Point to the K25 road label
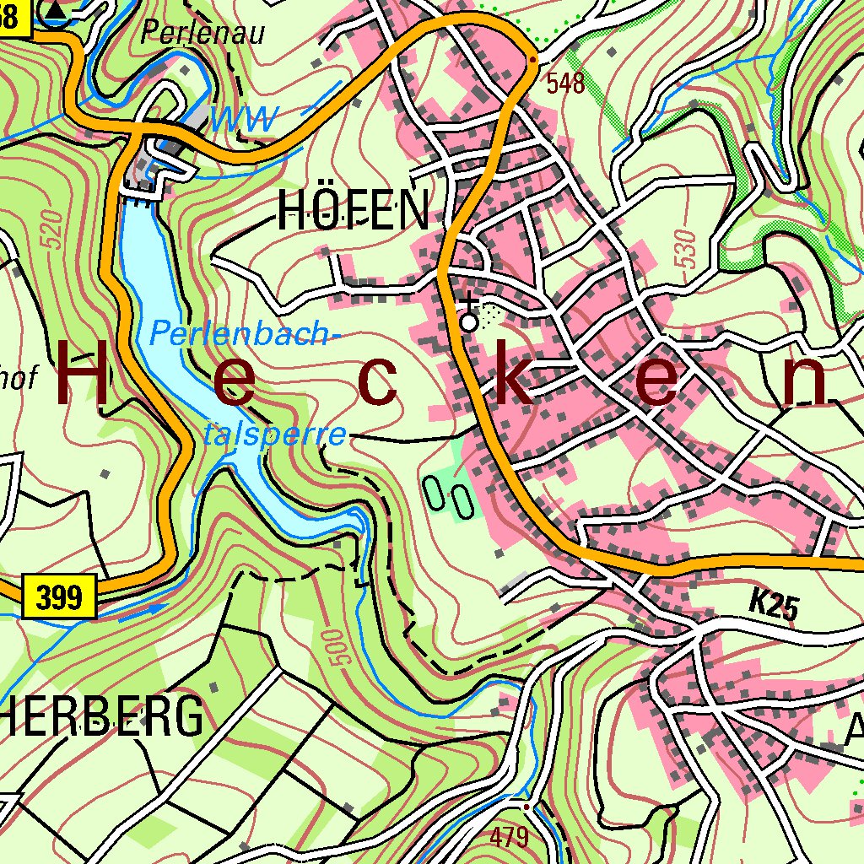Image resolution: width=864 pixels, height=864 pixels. [773, 606]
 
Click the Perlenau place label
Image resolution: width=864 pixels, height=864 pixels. [202, 32]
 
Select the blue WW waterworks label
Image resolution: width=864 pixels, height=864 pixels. [244, 119]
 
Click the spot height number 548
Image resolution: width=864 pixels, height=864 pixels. [565, 83]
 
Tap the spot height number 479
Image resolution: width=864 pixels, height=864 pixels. [510, 837]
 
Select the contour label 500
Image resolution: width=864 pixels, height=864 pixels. [333, 648]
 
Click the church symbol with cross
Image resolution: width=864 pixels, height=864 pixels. [468, 316]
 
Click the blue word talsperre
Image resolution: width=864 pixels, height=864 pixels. [275, 435]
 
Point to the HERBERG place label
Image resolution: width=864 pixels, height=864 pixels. [101, 718]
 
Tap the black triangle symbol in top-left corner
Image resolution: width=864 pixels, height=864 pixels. [56, 10]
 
